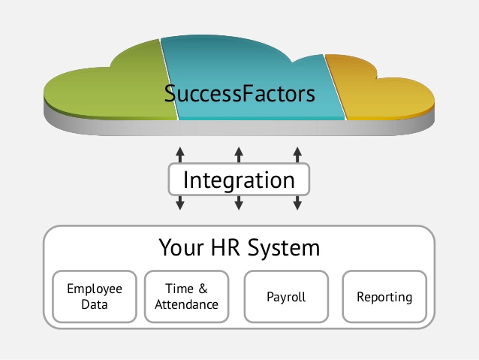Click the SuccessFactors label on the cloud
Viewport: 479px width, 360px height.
(x=240, y=95)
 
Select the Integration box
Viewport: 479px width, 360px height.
(x=239, y=180)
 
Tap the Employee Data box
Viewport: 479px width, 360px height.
(x=95, y=297)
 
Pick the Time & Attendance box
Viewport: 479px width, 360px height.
(x=191, y=297)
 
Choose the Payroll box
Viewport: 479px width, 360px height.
(x=286, y=297)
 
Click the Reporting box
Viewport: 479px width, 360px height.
(x=384, y=297)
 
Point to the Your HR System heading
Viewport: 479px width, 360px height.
(x=239, y=247)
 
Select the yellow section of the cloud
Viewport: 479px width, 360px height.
(x=383, y=94)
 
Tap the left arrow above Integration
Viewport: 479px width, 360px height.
(x=180, y=155)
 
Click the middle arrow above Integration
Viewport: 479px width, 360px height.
(x=239, y=155)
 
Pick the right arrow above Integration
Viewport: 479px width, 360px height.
(x=297, y=155)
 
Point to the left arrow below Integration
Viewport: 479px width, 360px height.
(x=180, y=203)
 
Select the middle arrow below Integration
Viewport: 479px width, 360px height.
(x=239, y=203)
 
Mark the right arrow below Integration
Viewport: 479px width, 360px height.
(x=297, y=203)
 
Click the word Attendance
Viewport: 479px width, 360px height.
(x=191, y=305)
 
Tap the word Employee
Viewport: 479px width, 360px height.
(x=95, y=289)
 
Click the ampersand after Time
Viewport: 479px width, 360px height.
(x=203, y=289)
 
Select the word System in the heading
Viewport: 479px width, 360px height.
(x=286, y=247)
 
